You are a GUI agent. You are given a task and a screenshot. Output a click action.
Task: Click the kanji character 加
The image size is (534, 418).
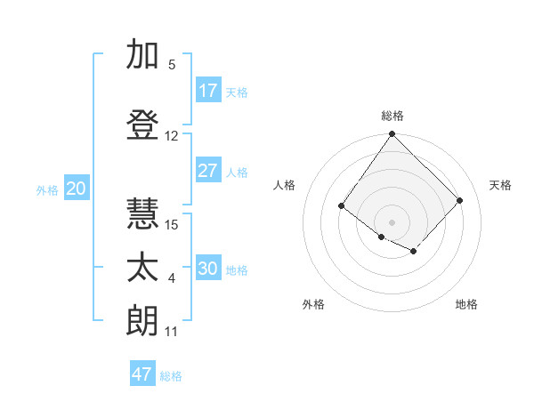pos(142,55)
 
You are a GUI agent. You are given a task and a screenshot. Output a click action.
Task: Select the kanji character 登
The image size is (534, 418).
pos(142,125)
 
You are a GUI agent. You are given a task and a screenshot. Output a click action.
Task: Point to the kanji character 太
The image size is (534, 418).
pos(142,268)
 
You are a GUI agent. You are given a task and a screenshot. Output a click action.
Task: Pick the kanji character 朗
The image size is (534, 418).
pos(142,320)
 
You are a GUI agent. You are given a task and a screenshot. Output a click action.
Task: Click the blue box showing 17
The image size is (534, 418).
pos(208,91)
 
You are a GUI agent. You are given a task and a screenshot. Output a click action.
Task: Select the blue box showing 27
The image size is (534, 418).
pos(208,171)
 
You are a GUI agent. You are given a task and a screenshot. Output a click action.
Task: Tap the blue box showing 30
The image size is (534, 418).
pos(208,269)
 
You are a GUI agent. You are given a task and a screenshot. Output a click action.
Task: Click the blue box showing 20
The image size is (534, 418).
pos(77,189)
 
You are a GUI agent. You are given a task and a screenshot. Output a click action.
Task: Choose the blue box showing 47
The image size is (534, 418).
pos(142,374)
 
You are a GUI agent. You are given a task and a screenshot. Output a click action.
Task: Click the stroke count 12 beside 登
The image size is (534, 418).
pos(172,136)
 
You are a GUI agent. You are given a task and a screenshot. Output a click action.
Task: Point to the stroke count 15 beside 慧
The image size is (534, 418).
pos(172,224)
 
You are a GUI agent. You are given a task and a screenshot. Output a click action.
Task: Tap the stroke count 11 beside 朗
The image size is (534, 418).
pos(172,332)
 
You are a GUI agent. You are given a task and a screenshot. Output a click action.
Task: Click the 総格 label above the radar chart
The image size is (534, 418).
pos(392,116)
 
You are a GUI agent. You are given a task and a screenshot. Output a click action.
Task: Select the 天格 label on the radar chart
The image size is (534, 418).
pos(500,185)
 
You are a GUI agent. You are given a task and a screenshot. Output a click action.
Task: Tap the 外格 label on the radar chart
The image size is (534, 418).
pos(312,304)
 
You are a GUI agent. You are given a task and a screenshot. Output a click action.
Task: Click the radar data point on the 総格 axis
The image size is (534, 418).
pos(392,135)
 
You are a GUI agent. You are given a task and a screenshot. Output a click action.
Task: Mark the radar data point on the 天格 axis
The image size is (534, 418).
pos(459,200)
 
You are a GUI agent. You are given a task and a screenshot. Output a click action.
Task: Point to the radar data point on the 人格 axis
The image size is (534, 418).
pos(342,206)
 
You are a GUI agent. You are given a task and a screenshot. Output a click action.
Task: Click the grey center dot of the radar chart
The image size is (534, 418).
pos(392,221)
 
